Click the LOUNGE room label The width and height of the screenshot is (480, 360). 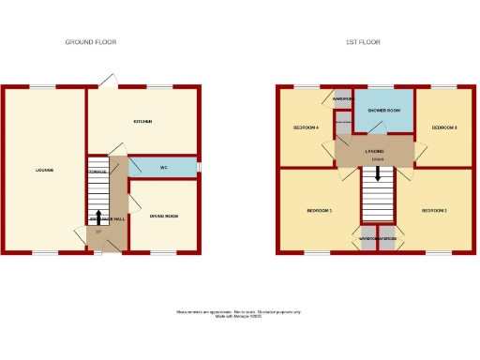[x=44, y=170]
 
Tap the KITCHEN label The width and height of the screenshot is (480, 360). [x=142, y=122]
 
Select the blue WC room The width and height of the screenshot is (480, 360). [x=163, y=168]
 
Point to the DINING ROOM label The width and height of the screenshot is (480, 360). [x=163, y=217]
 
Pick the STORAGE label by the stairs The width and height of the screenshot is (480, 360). [x=97, y=172]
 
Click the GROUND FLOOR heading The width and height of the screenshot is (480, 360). [x=91, y=42]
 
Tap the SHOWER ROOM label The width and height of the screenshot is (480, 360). [x=384, y=111]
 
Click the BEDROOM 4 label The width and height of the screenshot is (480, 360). [x=306, y=127]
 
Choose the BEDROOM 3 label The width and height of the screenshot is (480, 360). [x=443, y=127]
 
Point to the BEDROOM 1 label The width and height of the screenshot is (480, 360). [x=320, y=211]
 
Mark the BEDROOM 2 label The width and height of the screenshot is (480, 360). [x=433, y=211]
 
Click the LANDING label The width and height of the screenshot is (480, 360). [x=376, y=150]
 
